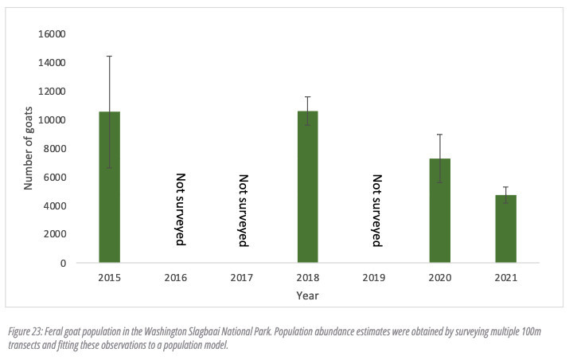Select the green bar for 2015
110,187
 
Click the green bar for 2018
308,186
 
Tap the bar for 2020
440,210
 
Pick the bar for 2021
506,229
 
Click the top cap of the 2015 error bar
109,56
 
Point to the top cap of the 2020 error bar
439,135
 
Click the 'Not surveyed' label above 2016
181,209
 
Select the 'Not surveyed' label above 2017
244,210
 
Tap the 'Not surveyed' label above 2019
376,210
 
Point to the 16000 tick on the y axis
52,34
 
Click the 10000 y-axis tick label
52,120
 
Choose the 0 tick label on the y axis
63,263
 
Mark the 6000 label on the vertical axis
54,177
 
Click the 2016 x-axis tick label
175,278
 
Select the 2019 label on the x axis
374,278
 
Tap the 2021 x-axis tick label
506,278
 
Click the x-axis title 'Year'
307,295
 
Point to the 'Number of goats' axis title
28,148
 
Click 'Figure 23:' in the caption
25,332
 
